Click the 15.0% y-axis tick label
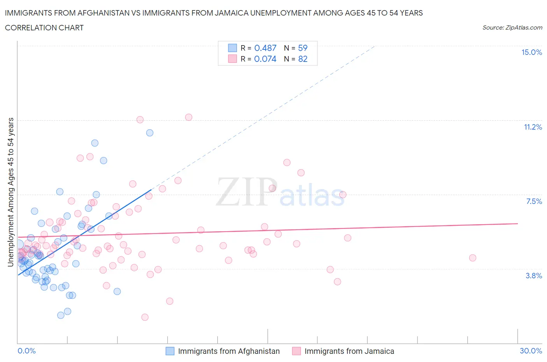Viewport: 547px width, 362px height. (x=531, y=53)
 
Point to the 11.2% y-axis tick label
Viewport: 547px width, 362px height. (x=533, y=127)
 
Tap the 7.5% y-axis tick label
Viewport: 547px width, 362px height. (x=534, y=202)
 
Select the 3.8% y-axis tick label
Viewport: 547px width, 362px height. (x=534, y=276)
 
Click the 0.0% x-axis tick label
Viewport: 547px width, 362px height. (x=26, y=351)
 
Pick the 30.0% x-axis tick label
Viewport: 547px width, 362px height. (x=531, y=351)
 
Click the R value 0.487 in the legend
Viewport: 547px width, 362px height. (x=265, y=48)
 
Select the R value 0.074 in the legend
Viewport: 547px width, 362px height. (x=265, y=59)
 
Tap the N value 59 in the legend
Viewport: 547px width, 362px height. (x=303, y=48)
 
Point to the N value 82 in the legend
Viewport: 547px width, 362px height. (x=303, y=59)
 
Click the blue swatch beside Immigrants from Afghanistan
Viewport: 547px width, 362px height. (x=170, y=351)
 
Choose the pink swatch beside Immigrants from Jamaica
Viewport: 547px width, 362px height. (x=296, y=351)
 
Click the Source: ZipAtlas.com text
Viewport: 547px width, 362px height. (x=512, y=28)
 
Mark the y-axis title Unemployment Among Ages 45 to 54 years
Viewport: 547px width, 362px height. (x=11, y=192)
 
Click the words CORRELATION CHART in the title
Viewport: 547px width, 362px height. (x=44, y=28)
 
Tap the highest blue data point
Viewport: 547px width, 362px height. (x=150, y=133)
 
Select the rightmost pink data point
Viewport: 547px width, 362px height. (x=473, y=258)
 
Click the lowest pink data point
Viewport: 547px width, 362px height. (x=145, y=317)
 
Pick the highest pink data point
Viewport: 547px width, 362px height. (x=189, y=117)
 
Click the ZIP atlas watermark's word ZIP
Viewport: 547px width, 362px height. (x=246, y=192)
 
